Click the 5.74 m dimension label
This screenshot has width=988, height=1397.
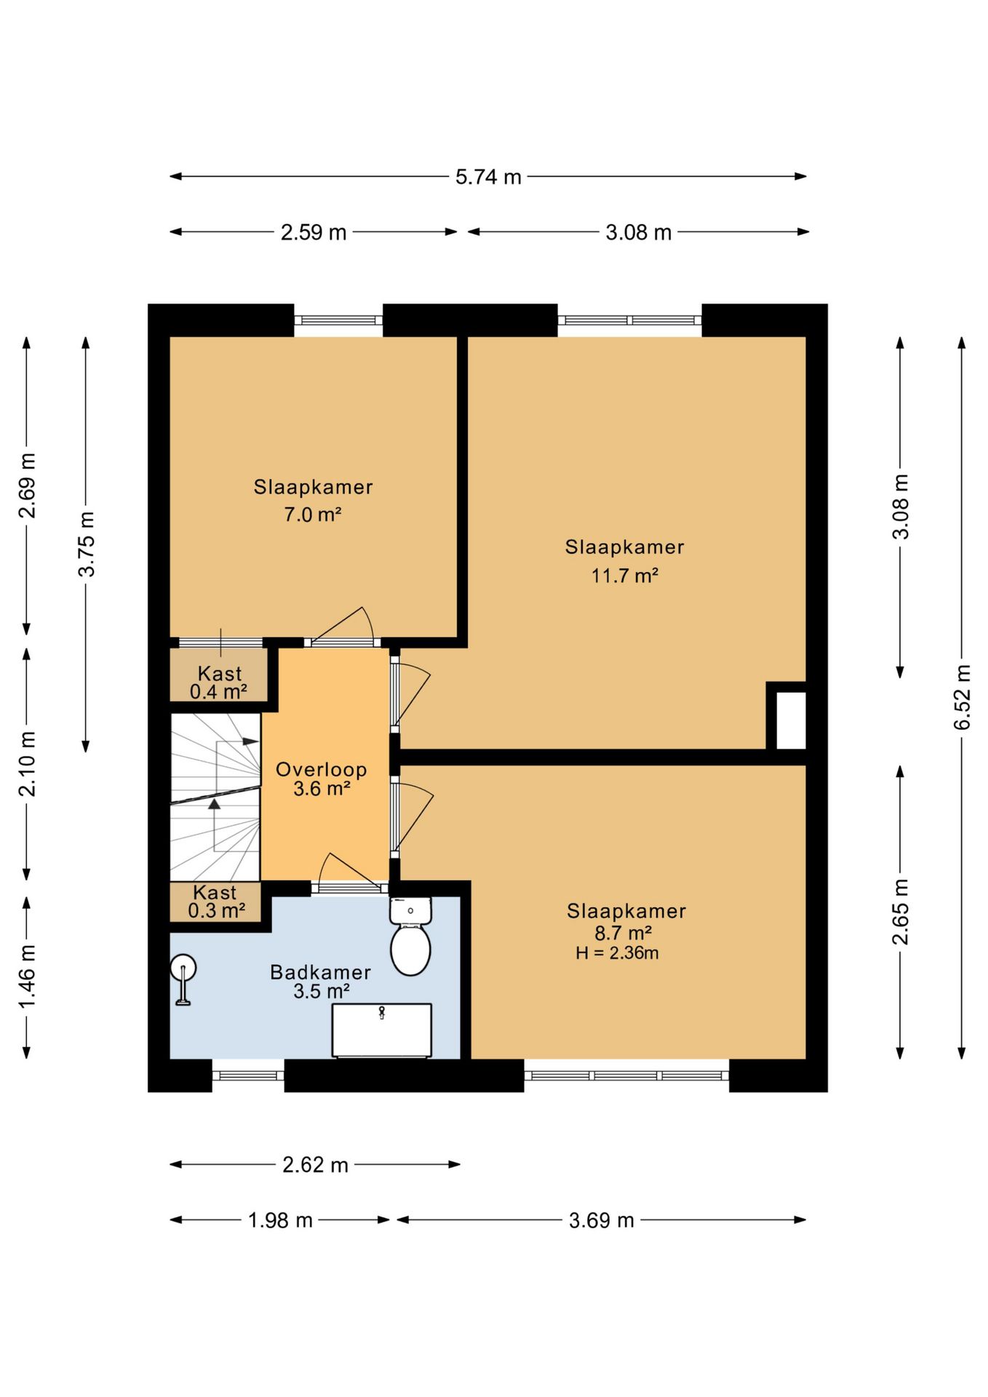click(488, 177)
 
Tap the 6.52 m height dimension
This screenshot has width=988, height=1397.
click(962, 697)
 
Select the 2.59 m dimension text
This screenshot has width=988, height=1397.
click(314, 232)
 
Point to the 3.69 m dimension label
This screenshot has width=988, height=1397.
click(601, 1220)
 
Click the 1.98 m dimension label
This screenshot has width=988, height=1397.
click(280, 1220)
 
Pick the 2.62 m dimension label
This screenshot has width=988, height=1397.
click(315, 1165)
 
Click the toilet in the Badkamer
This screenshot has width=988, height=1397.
click(411, 936)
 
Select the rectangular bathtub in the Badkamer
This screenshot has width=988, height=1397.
click(382, 1030)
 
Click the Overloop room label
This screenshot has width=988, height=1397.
click(321, 769)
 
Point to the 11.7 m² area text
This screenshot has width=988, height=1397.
click(624, 576)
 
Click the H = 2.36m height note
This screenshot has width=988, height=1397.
click(617, 953)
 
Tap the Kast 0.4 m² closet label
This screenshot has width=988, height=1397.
click(218, 682)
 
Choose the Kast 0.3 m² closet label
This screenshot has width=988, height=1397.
click(216, 902)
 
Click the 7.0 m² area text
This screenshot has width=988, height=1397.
click(313, 514)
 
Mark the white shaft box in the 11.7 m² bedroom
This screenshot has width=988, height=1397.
click(791, 720)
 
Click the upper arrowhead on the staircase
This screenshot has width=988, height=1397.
click(250, 741)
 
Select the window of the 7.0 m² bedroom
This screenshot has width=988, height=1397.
click(338, 320)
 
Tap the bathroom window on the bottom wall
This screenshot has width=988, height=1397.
click(248, 1075)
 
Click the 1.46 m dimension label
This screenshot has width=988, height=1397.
click(27, 976)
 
